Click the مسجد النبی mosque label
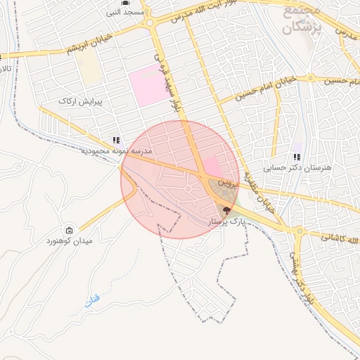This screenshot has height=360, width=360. click(125, 13)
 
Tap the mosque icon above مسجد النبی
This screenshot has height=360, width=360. click(125, 3)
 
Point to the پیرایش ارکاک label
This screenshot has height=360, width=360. click(82, 101)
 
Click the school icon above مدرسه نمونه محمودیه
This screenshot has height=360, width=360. click(115, 140)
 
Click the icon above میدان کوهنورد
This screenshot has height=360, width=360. click(69, 230)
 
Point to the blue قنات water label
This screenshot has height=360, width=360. click(91, 300)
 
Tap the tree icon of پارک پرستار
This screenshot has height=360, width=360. click(226, 210)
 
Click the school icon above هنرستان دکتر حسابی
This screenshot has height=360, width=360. click(297, 157)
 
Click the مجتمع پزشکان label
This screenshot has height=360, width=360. click(303, 20)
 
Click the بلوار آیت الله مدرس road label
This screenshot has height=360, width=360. click(211, 15)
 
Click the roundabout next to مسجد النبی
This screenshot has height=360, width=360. click(150, 22)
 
